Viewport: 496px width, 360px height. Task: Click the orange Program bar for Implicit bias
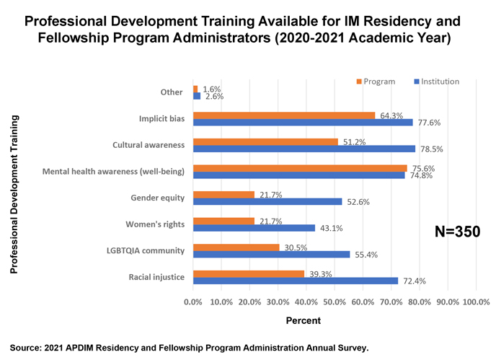(x=284, y=115)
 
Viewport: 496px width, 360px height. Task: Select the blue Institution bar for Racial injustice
(x=296, y=281)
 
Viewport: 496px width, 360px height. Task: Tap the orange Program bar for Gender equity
(x=224, y=195)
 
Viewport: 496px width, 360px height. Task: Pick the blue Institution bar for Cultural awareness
(x=304, y=149)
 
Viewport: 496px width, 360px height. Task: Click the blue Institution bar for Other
(x=197, y=96)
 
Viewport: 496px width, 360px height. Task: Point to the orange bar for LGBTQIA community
(x=236, y=247)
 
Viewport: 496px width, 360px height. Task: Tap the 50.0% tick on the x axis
(x=335, y=302)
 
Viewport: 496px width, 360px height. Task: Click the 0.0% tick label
(x=193, y=302)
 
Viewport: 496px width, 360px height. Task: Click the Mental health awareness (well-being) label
(x=113, y=171)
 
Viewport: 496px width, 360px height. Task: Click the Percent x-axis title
(x=300, y=320)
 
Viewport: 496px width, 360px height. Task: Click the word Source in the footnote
(x=27, y=348)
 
